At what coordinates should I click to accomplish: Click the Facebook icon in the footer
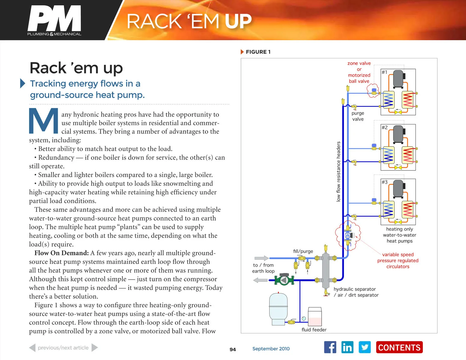click(x=330, y=347)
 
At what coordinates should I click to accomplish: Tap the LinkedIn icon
click(x=347, y=347)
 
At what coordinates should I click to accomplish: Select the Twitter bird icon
click(x=365, y=347)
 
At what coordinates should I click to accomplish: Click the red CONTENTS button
click(x=399, y=347)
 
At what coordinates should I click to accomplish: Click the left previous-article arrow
click(x=32, y=348)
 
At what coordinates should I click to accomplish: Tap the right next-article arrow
click(x=95, y=348)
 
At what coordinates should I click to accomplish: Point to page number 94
click(x=233, y=349)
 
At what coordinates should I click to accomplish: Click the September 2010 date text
click(x=271, y=349)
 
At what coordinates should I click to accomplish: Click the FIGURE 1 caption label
click(x=258, y=52)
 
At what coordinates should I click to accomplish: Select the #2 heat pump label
click(x=384, y=127)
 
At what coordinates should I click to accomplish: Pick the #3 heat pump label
click(x=384, y=182)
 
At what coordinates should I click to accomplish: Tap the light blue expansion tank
click(x=278, y=309)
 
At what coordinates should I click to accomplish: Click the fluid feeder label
click(x=314, y=330)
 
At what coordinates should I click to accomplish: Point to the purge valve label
click(x=358, y=116)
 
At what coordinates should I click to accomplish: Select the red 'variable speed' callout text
click(x=398, y=254)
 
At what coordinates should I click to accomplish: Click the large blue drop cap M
click(x=44, y=121)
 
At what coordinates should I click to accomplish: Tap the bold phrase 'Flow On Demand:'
click(x=62, y=253)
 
